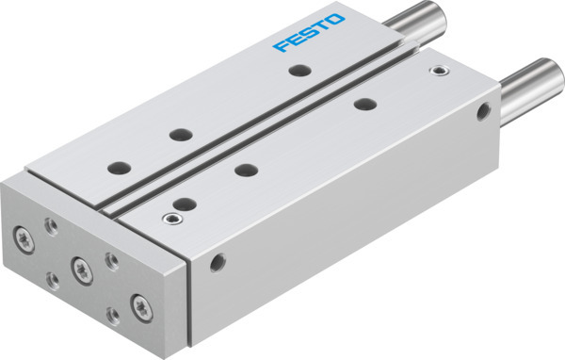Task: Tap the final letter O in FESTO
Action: pos(337,19)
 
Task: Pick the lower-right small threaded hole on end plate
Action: pos(115,316)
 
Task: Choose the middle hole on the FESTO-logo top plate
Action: pos(176,135)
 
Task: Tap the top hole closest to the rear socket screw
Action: pos(362,105)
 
